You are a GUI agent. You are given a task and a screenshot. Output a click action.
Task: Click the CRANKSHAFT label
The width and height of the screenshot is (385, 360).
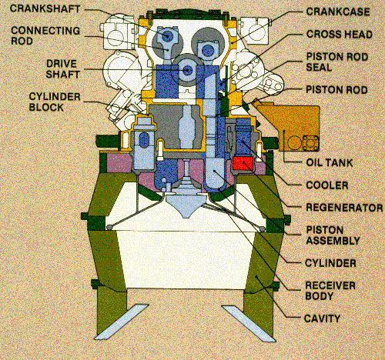(x=45, y=9)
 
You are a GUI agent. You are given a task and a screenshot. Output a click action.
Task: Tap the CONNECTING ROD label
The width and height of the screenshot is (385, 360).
(x=45, y=36)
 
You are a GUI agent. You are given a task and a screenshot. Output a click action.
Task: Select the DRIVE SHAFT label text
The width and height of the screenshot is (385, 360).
(x=62, y=69)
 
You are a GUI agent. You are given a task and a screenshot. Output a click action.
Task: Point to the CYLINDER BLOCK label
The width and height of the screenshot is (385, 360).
(x=55, y=102)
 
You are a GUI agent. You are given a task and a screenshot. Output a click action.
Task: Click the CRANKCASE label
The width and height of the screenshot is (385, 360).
(x=338, y=12)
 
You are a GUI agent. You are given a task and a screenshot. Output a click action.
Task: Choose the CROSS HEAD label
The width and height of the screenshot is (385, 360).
(x=340, y=35)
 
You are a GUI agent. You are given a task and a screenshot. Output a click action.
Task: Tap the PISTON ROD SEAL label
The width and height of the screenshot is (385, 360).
(x=337, y=62)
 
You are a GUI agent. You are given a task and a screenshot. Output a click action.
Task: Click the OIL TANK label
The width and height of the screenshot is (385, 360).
(x=330, y=162)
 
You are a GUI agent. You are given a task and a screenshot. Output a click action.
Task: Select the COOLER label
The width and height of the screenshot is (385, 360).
(x=327, y=185)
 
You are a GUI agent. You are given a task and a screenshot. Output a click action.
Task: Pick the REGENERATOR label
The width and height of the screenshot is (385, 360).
(x=344, y=208)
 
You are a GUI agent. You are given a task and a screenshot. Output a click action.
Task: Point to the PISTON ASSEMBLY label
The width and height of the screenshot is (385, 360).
(x=333, y=235)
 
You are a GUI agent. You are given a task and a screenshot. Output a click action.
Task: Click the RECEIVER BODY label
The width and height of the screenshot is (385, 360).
(x=330, y=291)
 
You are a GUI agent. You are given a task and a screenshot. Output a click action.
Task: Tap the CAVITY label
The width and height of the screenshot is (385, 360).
(x=322, y=318)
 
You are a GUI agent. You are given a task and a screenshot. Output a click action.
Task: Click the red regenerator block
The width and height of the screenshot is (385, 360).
(x=243, y=164)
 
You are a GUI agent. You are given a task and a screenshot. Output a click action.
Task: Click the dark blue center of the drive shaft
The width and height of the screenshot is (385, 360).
(x=187, y=70)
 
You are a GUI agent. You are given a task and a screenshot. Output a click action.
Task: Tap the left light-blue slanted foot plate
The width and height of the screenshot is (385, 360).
(x=122, y=322)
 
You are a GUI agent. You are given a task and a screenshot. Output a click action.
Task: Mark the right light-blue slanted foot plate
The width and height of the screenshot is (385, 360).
(x=249, y=324)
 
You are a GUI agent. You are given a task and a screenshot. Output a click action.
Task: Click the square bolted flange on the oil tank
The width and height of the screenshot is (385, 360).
(x=311, y=143)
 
